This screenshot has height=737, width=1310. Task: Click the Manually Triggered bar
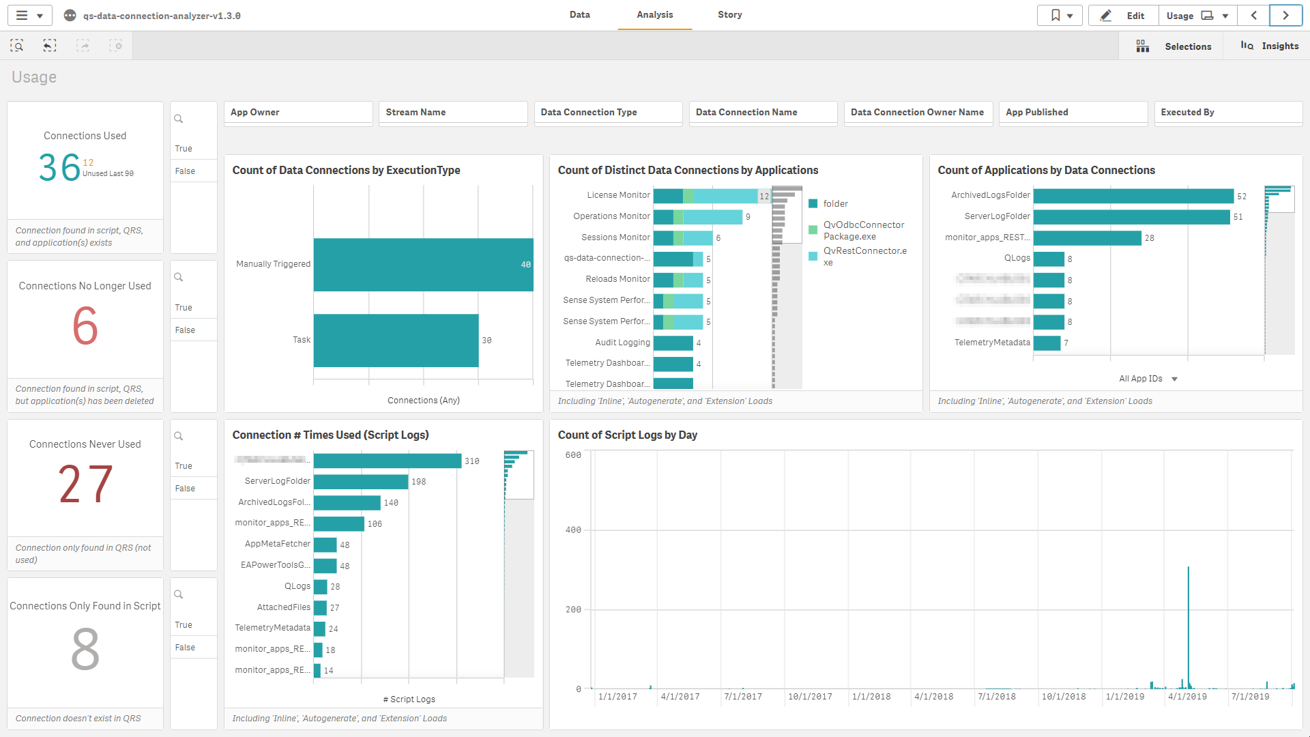(423, 265)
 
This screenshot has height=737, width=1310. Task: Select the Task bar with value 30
(396, 340)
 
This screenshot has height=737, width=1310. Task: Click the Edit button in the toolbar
(1124, 16)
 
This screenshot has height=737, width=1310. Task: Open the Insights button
(1270, 46)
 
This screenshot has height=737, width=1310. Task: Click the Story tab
(729, 15)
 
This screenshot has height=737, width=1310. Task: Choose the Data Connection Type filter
(607, 113)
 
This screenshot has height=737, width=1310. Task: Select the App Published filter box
(1073, 113)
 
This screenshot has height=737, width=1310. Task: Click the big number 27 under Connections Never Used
(85, 485)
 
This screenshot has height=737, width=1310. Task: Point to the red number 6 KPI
(85, 326)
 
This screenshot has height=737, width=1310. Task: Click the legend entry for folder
(835, 204)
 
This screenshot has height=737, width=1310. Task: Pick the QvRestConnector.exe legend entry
(864, 257)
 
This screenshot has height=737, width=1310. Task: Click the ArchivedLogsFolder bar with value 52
(1133, 197)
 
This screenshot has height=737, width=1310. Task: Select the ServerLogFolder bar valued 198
(360, 482)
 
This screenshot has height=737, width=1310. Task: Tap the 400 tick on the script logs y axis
(573, 530)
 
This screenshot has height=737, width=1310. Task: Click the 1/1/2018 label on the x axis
(871, 697)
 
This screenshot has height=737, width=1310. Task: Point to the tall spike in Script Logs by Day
(1188, 614)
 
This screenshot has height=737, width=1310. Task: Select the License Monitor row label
(618, 195)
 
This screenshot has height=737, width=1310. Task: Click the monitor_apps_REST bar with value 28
(1087, 238)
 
